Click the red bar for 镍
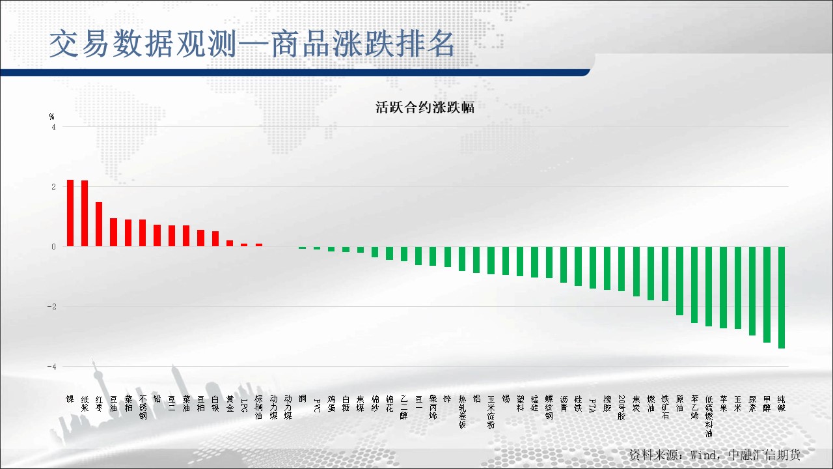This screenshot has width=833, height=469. tap(70, 213)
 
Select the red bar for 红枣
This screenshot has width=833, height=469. tap(99, 224)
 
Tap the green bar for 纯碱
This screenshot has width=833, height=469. tap(781, 297)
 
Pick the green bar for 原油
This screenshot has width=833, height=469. tap(679, 281)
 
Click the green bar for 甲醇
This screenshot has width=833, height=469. tap(767, 294)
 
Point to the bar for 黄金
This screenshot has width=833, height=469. tap(230, 244)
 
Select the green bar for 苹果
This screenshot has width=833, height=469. tap(723, 287)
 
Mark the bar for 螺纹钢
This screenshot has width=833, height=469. tap(549, 263)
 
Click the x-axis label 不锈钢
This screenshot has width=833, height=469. tap(143, 407)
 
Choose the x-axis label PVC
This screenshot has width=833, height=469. tap(317, 406)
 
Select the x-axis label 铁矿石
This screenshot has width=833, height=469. tap(665, 407)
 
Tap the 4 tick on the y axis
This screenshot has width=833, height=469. tap(54, 127)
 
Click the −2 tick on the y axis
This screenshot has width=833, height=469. tap(51, 307)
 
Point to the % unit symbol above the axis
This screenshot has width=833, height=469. tap(52, 117)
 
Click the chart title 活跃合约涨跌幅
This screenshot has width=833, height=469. tap(425, 107)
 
